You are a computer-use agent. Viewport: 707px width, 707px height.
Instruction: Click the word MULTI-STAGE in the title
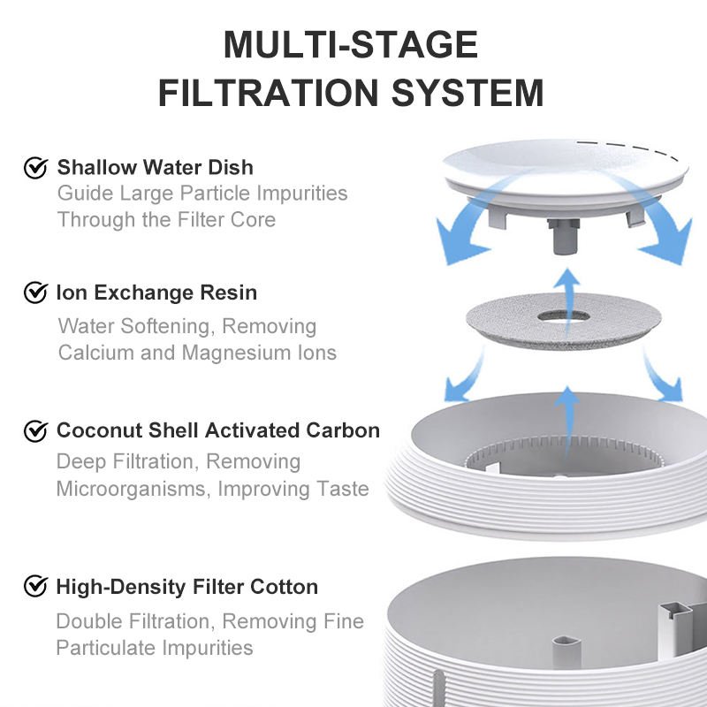(x=351, y=45)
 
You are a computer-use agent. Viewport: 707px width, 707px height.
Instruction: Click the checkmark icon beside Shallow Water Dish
(x=35, y=167)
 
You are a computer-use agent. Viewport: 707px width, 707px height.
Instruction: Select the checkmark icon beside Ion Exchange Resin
(x=35, y=293)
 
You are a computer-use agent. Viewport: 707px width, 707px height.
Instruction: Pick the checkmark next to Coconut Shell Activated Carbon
(x=35, y=430)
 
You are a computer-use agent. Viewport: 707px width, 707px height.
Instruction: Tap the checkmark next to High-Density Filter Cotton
(x=35, y=586)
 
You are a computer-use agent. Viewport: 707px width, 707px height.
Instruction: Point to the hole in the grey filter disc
(x=564, y=316)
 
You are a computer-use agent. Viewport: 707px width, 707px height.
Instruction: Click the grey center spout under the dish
(x=563, y=236)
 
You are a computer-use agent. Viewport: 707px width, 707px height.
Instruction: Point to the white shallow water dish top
(x=566, y=171)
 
